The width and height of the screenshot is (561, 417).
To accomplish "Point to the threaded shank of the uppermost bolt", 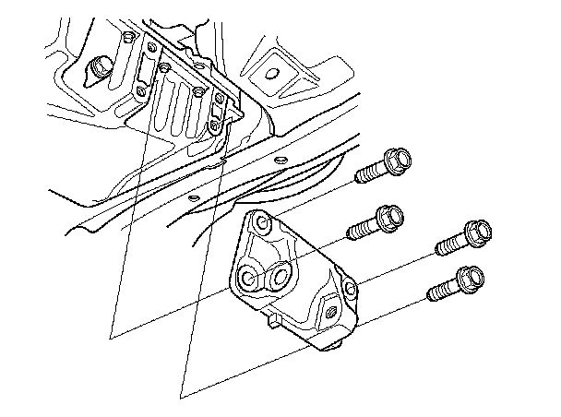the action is click(369, 173).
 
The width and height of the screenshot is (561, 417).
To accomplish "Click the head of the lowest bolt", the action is click(468, 277).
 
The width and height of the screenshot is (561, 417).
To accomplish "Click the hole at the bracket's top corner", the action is click(263, 224).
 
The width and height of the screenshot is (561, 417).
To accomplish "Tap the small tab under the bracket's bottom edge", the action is click(275, 321).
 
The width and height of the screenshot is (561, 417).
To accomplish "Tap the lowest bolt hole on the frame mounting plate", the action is click(214, 124).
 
